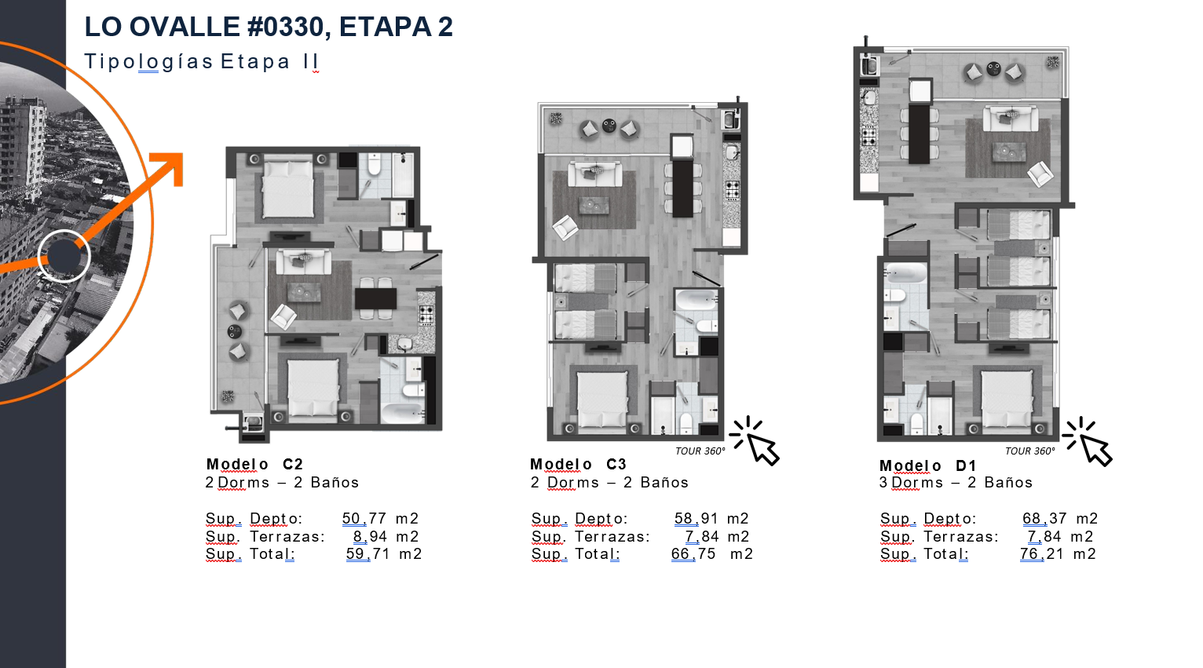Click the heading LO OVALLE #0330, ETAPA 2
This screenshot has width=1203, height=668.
269,27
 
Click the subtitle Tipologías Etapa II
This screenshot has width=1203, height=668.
202,61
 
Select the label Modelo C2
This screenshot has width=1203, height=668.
254,464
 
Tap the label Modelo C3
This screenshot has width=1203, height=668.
578,464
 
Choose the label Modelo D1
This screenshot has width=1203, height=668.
927,465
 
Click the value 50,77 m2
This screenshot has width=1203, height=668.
380,518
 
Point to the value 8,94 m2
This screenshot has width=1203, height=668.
386,536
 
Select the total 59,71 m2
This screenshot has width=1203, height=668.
383,553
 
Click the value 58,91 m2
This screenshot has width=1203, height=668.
711,518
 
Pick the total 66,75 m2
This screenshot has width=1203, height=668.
711,553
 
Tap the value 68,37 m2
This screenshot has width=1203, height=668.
1059,518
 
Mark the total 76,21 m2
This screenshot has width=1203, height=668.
1058,553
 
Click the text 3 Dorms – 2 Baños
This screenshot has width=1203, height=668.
956,482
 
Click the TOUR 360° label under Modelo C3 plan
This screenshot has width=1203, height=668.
700,451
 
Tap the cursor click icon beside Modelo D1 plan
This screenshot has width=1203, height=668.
1088,441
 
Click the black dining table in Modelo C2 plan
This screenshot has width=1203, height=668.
375,298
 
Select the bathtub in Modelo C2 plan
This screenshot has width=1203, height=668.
402,414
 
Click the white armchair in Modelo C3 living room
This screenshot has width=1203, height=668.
565,228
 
